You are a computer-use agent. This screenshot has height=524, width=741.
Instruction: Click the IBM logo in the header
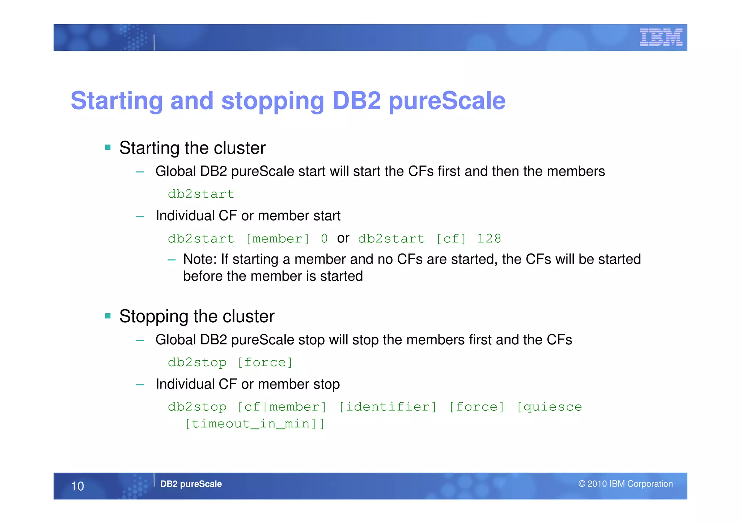coord(661,37)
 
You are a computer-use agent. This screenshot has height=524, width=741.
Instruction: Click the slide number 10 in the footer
coord(77,486)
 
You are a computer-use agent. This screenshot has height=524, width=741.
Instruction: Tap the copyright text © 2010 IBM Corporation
coord(625,484)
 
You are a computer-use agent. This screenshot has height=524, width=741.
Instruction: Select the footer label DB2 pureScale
coord(191,484)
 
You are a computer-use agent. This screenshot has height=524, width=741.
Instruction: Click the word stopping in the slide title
coord(272,101)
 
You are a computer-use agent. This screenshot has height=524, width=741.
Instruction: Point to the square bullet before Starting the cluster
coord(108,147)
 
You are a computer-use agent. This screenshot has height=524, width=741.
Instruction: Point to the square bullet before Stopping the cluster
coord(108,316)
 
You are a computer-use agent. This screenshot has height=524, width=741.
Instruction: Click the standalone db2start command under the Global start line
coord(201,194)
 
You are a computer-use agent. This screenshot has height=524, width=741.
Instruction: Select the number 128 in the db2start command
coord(489,239)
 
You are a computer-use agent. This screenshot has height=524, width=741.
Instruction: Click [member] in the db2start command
coord(278,239)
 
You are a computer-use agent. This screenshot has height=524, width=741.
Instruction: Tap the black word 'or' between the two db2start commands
coord(343,238)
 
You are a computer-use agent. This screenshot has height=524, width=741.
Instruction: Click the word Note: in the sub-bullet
coord(200,259)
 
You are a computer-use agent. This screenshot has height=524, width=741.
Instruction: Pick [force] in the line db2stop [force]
coord(265,362)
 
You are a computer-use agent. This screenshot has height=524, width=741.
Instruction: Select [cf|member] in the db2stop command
coord(282,407)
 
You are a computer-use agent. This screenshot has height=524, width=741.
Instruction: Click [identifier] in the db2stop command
coord(388,407)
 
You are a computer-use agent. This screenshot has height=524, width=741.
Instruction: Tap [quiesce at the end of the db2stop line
coord(549,407)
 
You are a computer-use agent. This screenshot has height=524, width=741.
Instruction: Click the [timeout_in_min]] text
coord(255,424)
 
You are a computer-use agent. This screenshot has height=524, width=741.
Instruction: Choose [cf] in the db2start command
coord(451,239)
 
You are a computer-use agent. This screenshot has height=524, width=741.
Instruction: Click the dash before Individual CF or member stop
coord(140,385)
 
